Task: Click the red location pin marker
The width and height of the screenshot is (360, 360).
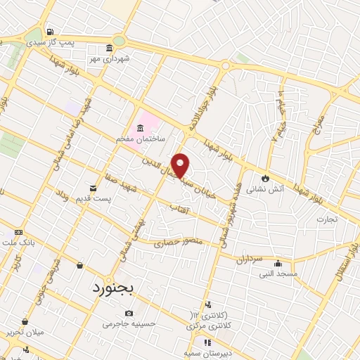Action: [x=181, y=165]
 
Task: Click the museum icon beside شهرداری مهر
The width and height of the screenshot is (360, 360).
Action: [x=109, y=48]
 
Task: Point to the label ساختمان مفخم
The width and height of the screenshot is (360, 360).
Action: [x=141, y=140]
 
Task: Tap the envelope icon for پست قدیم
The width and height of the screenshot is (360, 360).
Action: [x=93, y=187]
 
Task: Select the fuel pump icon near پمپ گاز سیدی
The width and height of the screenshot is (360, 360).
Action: [x=49, y=32]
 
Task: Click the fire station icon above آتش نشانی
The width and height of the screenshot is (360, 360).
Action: [x=265, y=178]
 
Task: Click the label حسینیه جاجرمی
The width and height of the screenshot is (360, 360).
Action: [x=128, y=324]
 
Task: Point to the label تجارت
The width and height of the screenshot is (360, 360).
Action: [x=326, y=219]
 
